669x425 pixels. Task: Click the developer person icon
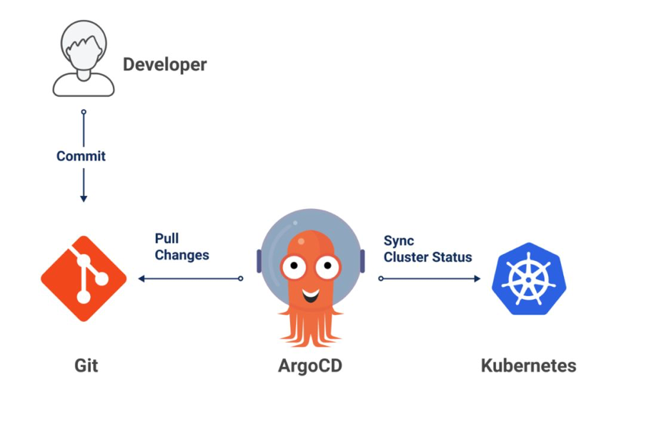83,59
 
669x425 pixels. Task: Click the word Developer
164,64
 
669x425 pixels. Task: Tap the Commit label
81,156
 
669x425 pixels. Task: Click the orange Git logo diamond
84,278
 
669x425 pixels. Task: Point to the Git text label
86,366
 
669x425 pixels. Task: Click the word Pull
167,238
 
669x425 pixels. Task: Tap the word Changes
182,255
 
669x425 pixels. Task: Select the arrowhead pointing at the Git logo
142,278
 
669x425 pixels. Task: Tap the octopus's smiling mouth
310,293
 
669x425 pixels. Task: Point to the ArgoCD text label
310,366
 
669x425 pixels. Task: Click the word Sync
399,240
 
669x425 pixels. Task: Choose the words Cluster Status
427,257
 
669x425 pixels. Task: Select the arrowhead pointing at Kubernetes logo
476,278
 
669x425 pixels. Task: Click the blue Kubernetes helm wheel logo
529,278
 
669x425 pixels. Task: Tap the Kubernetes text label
528,366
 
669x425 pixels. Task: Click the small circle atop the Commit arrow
84,112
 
